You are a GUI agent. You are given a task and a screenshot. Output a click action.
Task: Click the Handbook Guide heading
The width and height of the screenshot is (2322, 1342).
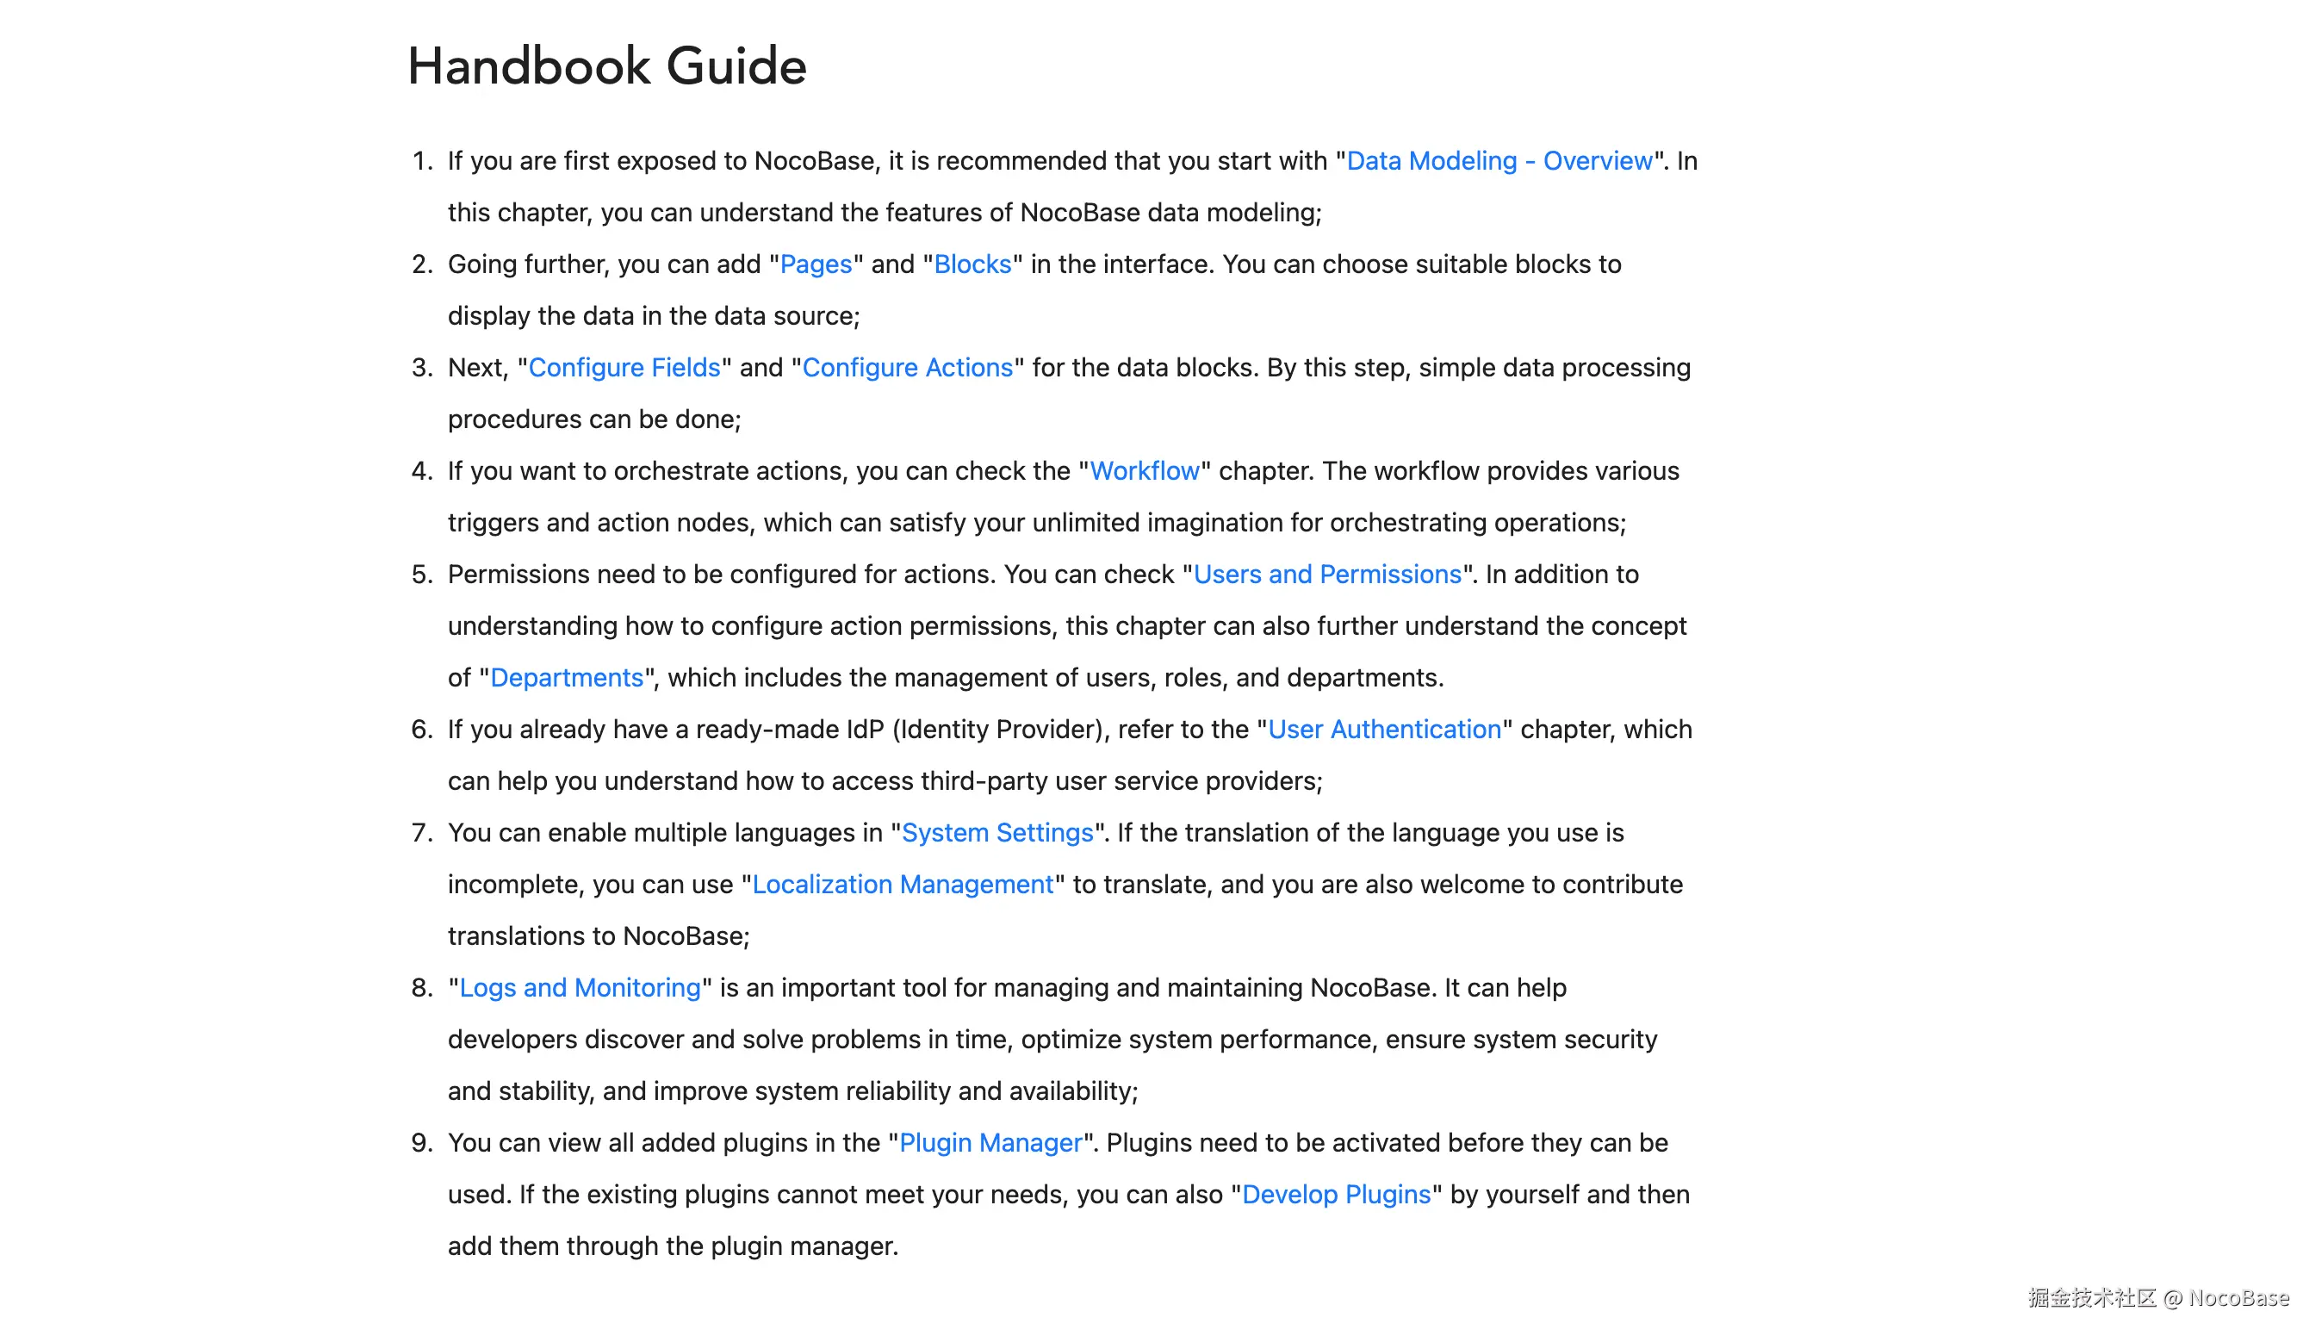pyautogui.click(x=606, y=66)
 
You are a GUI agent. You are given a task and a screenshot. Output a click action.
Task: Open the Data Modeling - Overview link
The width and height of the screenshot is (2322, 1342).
pyautogui.click(x=1499, y=161)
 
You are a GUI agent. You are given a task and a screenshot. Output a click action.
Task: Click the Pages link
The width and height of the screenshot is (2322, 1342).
pyautogui.click(x=816, y=264)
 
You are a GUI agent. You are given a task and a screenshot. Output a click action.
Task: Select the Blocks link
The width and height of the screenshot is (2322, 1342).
pyautogui.click(x=972, y=264)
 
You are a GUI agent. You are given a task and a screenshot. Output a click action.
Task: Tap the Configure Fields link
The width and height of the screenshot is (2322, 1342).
pyautogui.click(x=624, y=368)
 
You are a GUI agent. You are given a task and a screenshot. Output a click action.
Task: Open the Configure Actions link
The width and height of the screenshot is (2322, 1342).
pyautogui.click(x=907, y=368)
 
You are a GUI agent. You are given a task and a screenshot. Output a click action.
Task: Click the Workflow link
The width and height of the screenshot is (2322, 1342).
pyautogui.click(x=1145, y=471)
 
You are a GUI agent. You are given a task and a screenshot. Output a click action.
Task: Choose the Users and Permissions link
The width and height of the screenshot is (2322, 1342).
pyautogui.click(x=1327, y=575)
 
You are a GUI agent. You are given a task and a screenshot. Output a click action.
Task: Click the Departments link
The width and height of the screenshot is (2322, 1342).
pyautogui.click(x=566, y=677)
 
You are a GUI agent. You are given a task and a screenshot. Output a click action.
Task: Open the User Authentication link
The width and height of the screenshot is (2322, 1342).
pyautogui.click(x=1384, y=729)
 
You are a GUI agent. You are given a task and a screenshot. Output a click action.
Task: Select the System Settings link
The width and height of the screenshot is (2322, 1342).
pyautogui.click(x=997, y=832)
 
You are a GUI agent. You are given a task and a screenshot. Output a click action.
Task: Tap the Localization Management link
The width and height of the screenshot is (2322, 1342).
pyautogui.click(x=902, y=884)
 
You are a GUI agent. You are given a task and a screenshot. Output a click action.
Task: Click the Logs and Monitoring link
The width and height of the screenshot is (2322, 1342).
pyautogui.click(x=580, y=987)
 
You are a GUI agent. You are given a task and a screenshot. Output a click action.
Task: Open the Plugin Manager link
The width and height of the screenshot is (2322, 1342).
pyautogui.click(x=990, y=1142)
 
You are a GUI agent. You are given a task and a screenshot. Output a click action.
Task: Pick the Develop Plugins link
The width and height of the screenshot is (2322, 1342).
pyautogui.click(x=1336, y=1194)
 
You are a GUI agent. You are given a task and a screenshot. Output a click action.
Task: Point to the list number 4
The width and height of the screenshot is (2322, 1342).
pyautogui.click(x=421, y=471)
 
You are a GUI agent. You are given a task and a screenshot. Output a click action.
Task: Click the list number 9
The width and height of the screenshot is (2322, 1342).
pyautogui.click(x=421, y=1142)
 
